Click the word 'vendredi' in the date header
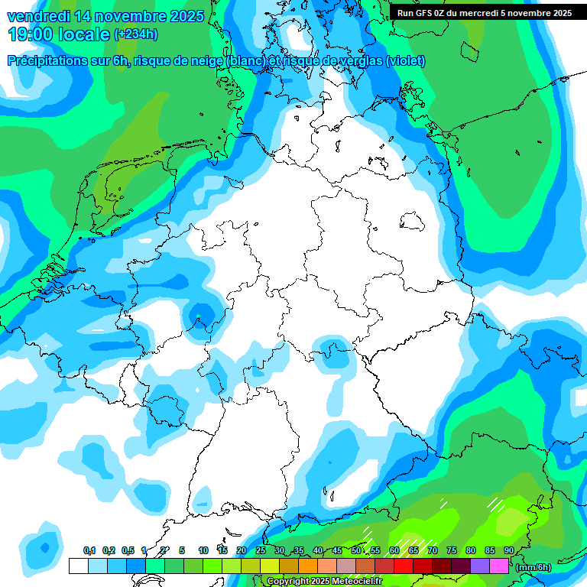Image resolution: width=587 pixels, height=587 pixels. coord(38,16)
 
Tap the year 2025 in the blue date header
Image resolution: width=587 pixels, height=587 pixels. coord(183,16)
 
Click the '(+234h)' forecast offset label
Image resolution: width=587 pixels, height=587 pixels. coord(136,34)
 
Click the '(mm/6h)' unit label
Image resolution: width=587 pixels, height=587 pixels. coord(533,566)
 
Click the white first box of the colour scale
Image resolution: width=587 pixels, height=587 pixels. coord(78,566)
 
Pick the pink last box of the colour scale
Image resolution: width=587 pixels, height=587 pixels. coord(498,566)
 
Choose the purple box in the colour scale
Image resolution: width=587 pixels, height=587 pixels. coord(479,566)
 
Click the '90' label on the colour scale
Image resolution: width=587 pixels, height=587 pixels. coord(509,551)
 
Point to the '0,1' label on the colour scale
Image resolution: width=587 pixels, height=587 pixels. coord(89,551)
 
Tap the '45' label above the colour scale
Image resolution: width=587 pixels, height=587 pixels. coord(337,551)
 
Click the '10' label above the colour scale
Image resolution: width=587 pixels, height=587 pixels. coord(203,551)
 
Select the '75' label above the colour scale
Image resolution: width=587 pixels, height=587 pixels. coord(452,551)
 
